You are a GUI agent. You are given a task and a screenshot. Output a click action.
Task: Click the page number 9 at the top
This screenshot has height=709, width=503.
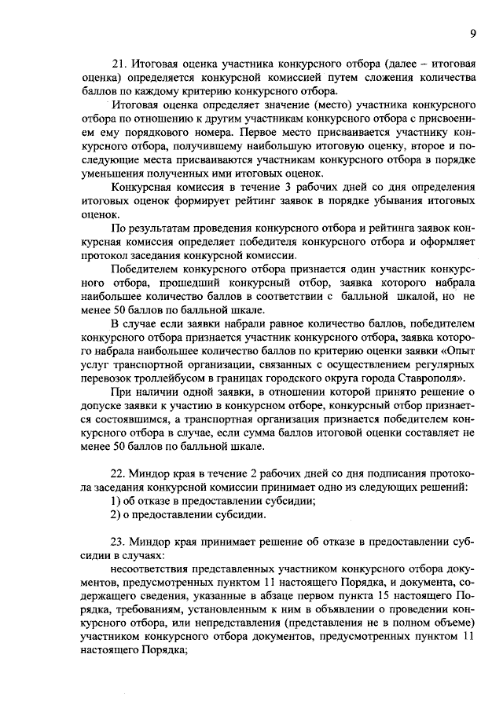click(x=473, y=33)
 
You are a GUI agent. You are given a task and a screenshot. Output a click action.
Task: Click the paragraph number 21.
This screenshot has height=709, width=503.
click(x=119, y=62)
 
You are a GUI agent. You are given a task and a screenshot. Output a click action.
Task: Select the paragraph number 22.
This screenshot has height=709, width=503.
click(x=119, y=474)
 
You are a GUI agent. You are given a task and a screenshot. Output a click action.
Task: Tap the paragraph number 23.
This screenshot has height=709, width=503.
click(x=119, y=543)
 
